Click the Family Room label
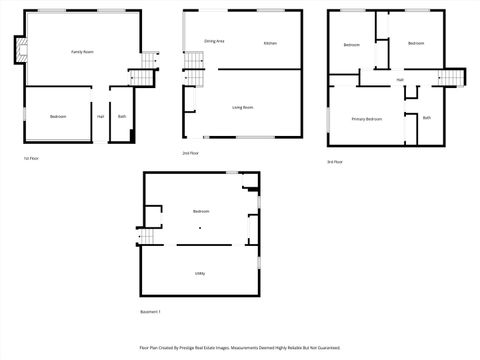point(82,51)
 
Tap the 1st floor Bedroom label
point(57,117)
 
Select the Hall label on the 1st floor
point(100,117)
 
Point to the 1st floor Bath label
point(122,117)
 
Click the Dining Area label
point(214,41)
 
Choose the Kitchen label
point(270,43)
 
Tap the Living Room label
point(242,106)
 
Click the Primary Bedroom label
point(366,119)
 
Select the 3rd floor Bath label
point(426,118)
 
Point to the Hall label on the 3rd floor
point(400,79)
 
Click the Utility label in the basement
point(200,272)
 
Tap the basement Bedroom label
point(201,211)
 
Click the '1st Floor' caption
point(32,158)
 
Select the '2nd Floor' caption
point(189,153)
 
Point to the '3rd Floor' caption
point(334,161)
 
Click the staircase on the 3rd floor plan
point(454,77)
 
